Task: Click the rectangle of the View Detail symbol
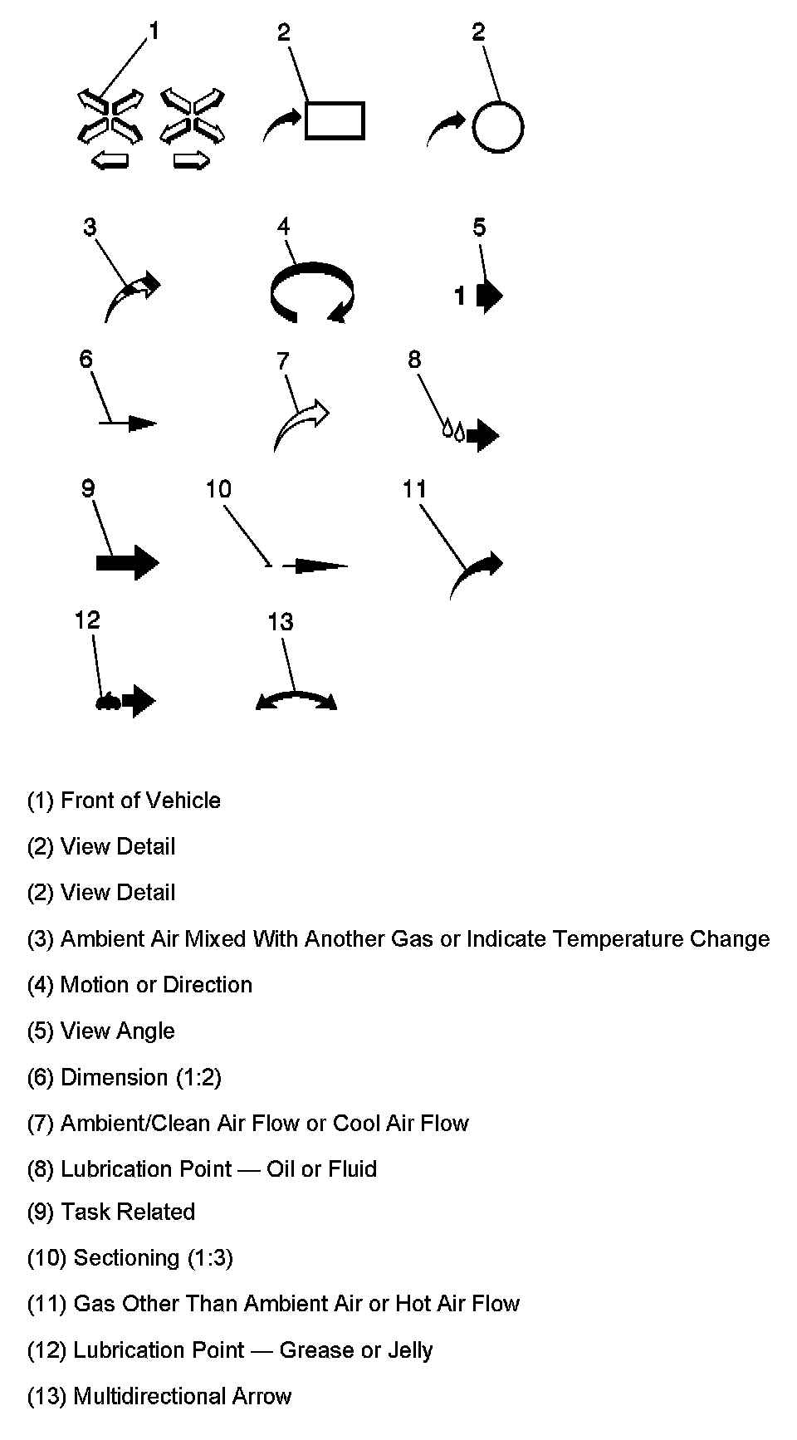point(335,120)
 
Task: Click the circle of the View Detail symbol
point(497,127)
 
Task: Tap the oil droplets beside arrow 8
point(453,430)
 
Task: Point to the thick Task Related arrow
point(127,563)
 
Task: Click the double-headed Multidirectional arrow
point(296,700)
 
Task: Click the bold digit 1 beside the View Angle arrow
point(460,295)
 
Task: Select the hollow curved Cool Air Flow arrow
point(301,422)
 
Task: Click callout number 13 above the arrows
point(281,622)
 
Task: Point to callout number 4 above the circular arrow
point(284,227)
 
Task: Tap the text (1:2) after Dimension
point(198,1078)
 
